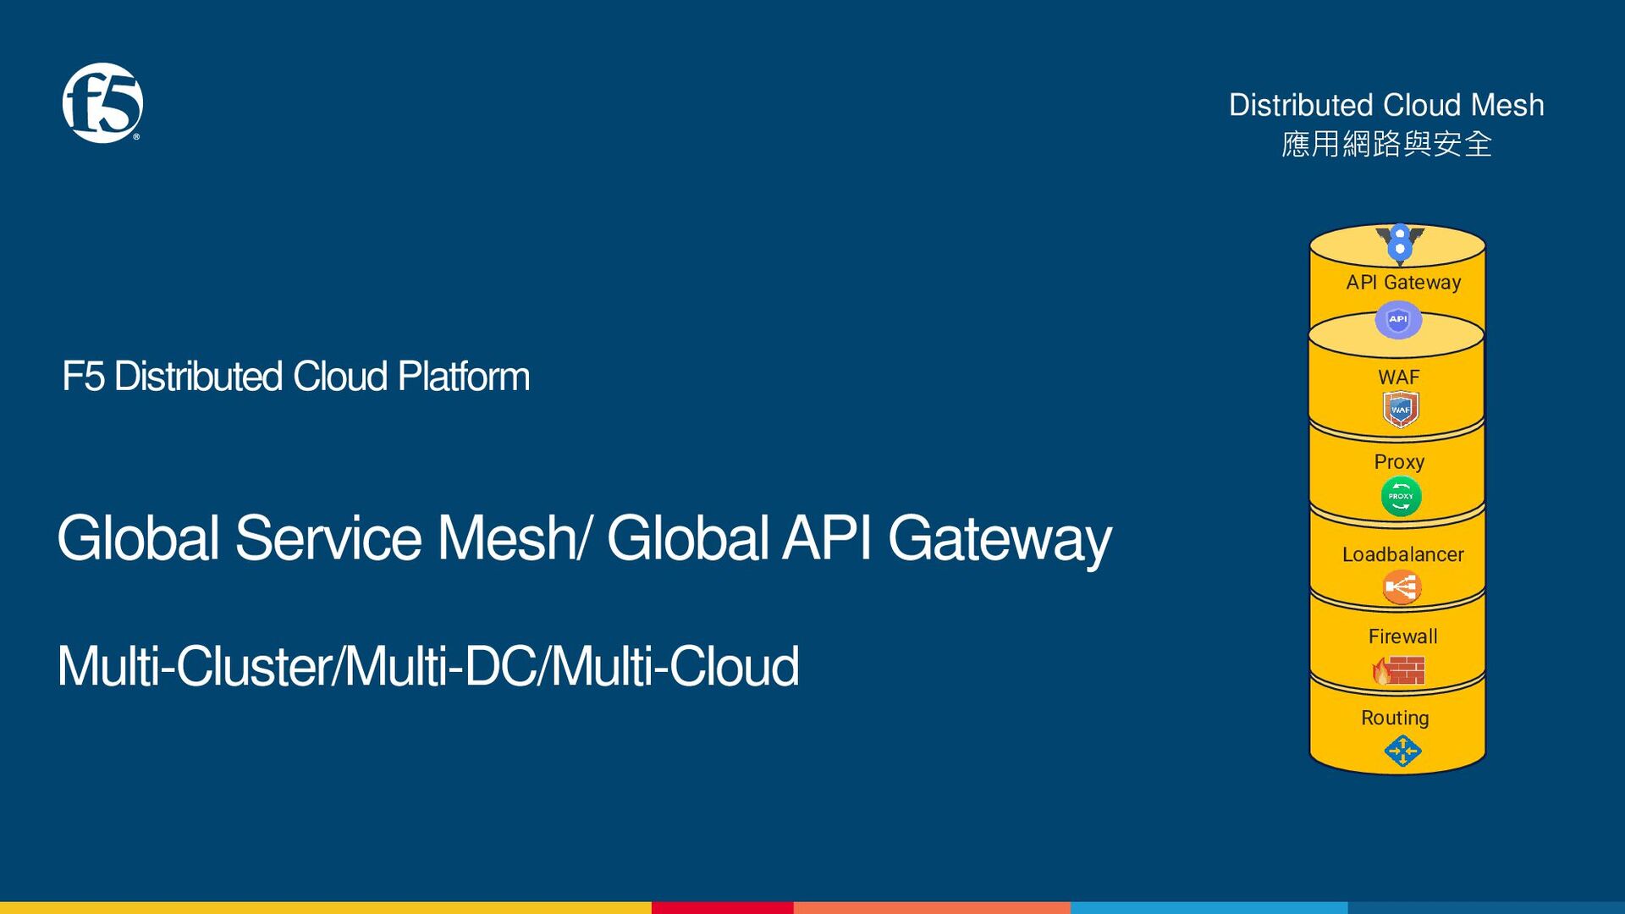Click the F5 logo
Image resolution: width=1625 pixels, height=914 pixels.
point(102,102)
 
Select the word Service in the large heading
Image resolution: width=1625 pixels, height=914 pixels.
point(328,538)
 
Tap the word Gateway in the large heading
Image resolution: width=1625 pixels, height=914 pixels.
point(1000,538)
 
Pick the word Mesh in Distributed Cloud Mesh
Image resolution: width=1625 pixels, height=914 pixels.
point(1507,105)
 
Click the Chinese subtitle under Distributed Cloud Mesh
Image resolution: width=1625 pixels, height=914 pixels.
point(1386,144)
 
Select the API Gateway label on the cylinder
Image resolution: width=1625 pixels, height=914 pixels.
point(1403,282)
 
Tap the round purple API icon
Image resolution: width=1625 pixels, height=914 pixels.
point(1397,319)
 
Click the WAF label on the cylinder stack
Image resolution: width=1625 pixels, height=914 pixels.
point(1398,377)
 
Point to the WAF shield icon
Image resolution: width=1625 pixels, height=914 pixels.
point(1400,410)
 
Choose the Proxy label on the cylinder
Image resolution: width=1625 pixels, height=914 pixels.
point(1399,462)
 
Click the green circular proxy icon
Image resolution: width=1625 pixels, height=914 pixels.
point(1401,497)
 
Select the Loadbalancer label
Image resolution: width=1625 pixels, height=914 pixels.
point(1402,554)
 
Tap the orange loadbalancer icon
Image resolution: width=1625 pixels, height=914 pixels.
point(1401,586)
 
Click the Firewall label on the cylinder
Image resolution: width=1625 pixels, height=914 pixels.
point(1402,636)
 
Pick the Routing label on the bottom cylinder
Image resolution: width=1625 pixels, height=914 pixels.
point(1395,718)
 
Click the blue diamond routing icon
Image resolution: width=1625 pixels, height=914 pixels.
point(1402,751)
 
